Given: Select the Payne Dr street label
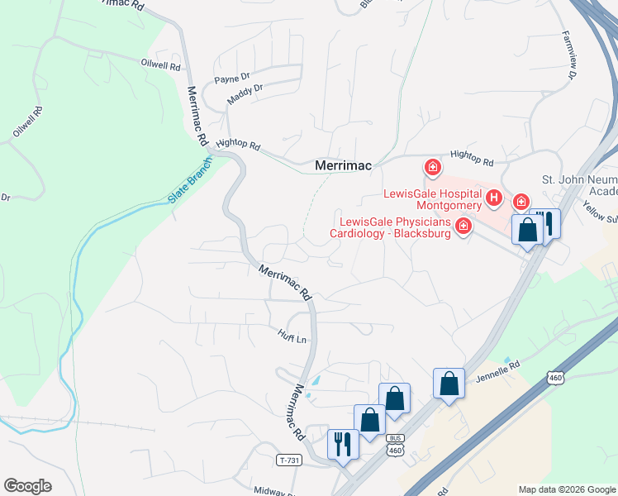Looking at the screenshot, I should (x=232, y=79).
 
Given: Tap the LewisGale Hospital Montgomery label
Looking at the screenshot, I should (x=432, y=199).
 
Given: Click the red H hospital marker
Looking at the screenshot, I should (x=494, y=197).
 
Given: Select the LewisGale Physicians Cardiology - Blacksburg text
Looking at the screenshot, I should (x=395, y=227).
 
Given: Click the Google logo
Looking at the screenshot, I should (x=27, y=485).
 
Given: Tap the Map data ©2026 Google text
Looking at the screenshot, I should (x=567, y=489).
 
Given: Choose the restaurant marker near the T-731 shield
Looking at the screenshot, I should (x=341, y=444).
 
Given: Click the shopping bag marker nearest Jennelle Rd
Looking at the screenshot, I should (x=449, y=384).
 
